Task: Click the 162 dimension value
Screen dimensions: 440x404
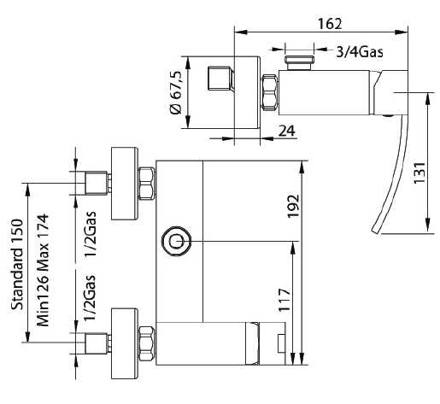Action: [330, 24]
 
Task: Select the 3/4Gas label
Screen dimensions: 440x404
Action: [360, 52]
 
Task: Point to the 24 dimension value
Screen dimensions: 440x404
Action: [287, 131]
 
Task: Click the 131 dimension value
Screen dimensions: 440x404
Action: [419, 173]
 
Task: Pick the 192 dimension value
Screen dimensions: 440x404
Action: [293, 206]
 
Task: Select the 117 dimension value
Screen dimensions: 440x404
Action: [284, 300]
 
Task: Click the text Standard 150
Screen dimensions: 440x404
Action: [17, 264]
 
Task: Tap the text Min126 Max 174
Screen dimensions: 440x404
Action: [43, 270]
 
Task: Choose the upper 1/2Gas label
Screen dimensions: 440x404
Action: [91, 234]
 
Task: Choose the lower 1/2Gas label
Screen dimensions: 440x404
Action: [90, 297]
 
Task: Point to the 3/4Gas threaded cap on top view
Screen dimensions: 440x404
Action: [299, 62]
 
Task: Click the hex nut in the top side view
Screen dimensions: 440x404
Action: [269, 92]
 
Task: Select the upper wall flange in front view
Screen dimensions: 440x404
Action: [125, 184]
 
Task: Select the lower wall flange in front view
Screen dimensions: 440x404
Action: [125, 343]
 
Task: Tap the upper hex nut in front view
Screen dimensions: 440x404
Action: [147, 184]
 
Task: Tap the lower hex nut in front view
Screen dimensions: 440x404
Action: [147, 343]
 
